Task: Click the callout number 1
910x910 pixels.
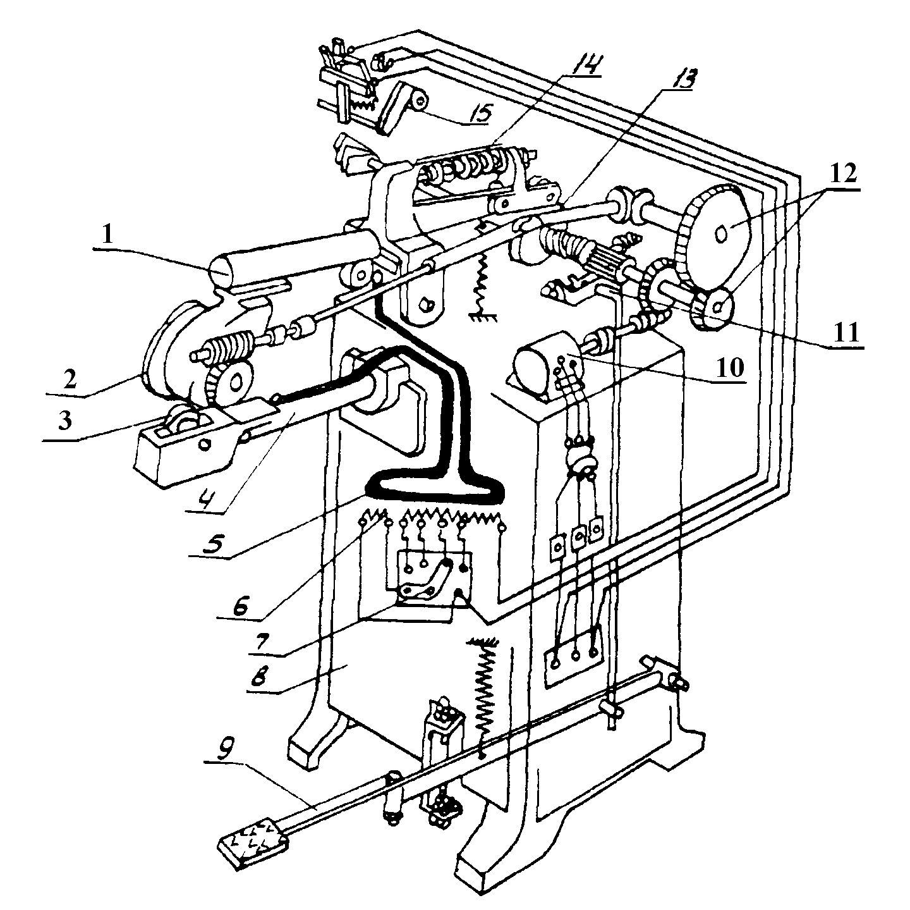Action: pos(107,234)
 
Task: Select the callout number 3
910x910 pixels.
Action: pos(65,420)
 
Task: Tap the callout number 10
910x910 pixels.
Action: pos(730,366)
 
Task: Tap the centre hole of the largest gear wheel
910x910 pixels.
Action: pos(720,234)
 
